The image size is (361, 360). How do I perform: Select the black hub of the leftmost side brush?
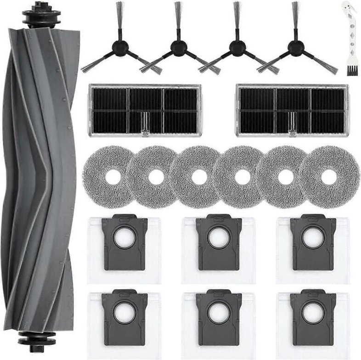pyautogui.click(x=120, y=48)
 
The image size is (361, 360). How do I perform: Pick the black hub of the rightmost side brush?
pyautogui.click(x=295, y=48)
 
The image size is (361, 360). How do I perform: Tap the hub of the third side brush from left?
pyautogui.click(x=237, y=48)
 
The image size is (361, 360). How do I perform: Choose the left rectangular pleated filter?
pyautogui.click(x=145, y=110)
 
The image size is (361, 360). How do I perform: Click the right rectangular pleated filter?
pyautogui.click(x=293, y=110)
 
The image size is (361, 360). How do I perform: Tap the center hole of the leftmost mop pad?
pyautogui.click(x=112, y=177)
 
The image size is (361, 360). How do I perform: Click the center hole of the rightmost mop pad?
pyautogui.click(x=328, y=177)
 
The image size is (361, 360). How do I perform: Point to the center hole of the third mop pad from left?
pyautogui.click(x=199, y=177)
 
